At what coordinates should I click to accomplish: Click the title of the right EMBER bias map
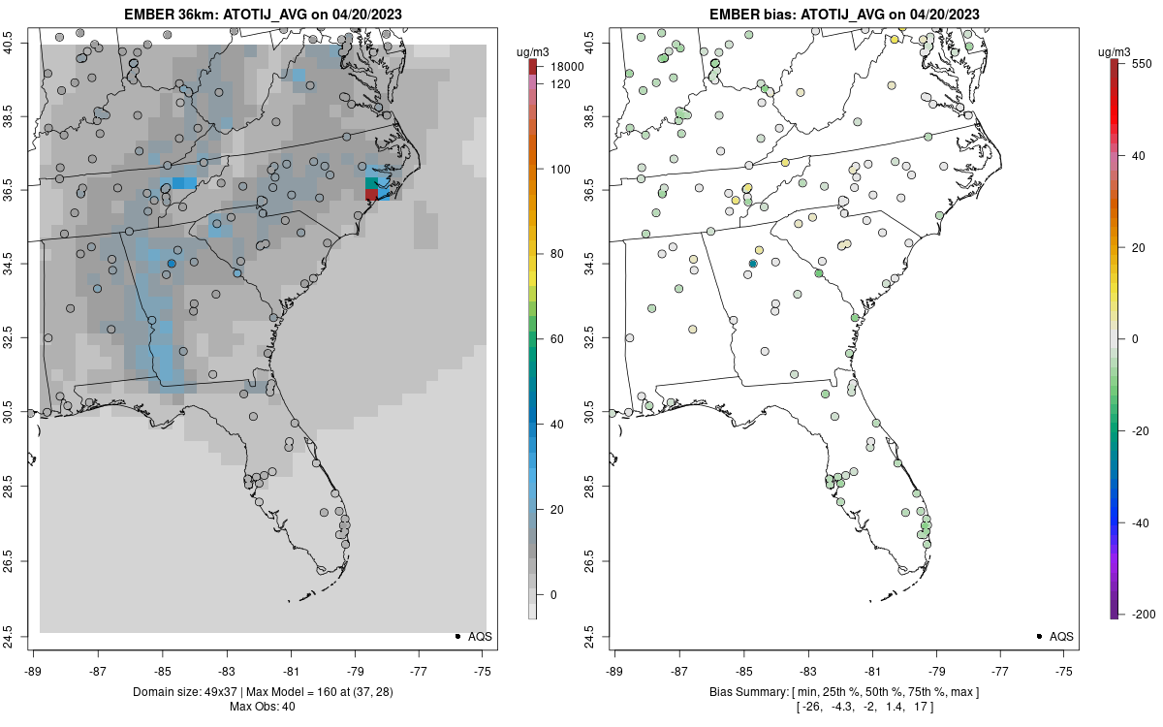844,14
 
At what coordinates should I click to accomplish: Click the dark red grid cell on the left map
371,195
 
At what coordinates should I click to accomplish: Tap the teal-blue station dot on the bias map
753,264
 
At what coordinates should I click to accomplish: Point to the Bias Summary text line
844,692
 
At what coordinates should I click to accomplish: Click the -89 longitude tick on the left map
34,670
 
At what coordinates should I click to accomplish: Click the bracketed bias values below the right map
844,707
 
